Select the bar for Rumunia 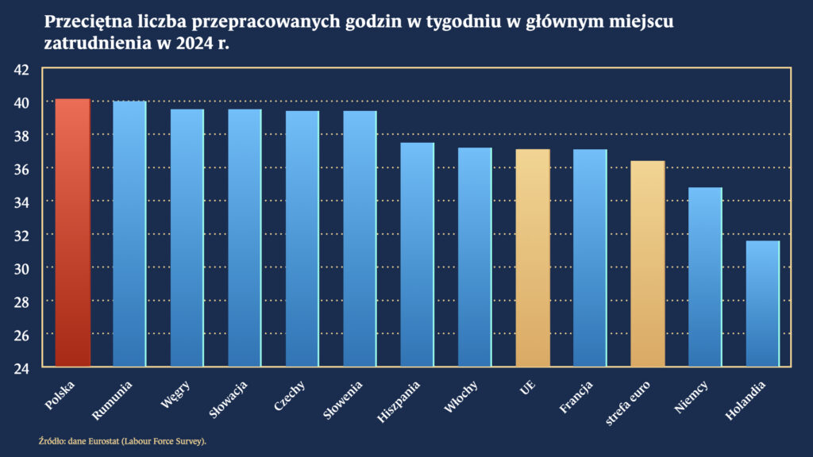click(x=129, y=233)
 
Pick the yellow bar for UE click(x=532, y=257)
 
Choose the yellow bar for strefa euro click(x=647, y=263)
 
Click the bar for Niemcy click(x=705, y=277)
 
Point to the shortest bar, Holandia click(x=762, y=303)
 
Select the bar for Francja click(x=590, y=257)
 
